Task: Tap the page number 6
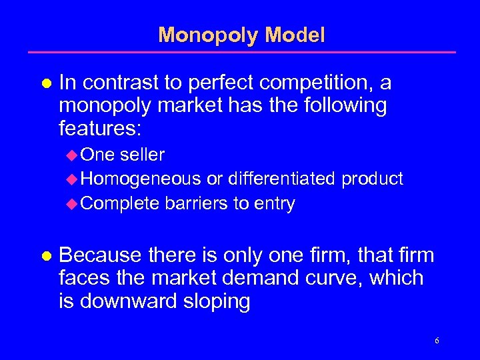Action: (x=437, y=341)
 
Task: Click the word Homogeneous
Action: (x=142, y=179)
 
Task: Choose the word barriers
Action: (x=196, y=203)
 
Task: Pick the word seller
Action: (x=143, y=155)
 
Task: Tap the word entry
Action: (x=274, y=204)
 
